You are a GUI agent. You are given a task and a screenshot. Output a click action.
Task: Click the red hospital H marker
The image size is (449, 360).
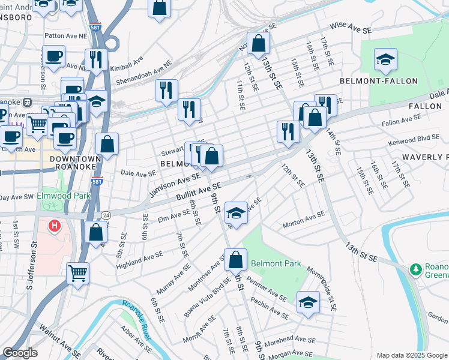[x=54, y=226]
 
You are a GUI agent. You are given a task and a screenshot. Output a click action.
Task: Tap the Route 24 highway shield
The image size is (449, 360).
[x=106, y=214]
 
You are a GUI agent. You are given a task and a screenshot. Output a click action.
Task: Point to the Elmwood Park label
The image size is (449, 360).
[x=62, y=196]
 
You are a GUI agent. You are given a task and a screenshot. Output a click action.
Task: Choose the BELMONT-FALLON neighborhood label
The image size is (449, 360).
[x=366, y=80]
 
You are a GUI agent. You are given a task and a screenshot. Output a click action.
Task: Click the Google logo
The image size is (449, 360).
[x=20, y=353]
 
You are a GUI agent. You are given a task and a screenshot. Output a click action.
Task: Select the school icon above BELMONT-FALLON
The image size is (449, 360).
[x=385, y=60]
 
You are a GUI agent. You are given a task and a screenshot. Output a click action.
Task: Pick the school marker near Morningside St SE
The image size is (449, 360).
[x=308, y=303]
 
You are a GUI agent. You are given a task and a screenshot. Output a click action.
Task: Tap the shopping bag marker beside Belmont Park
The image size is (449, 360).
[x=237, y=260]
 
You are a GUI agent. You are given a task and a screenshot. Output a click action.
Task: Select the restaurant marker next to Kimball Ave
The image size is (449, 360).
[x=96, y=59]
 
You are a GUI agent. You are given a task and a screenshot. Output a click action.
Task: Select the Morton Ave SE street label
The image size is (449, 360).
[x=304, y=220]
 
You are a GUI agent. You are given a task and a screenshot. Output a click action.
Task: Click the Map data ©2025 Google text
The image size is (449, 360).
[x=411, y=355]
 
